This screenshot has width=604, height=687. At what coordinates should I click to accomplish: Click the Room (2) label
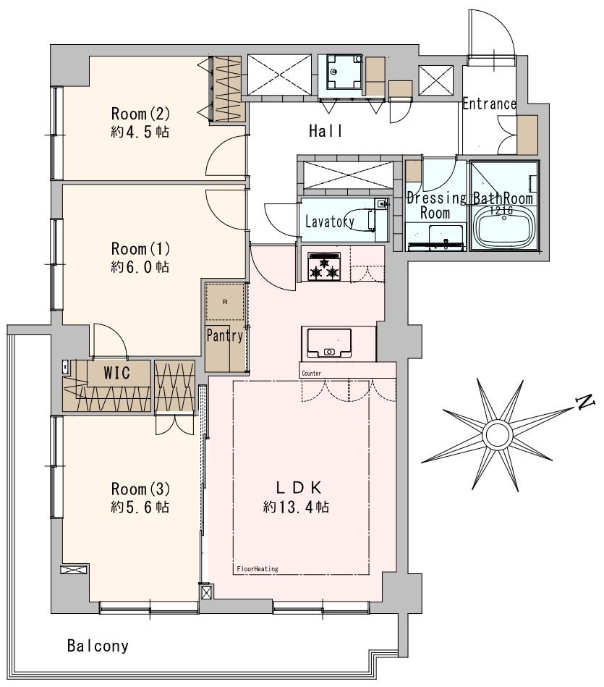[140, 114]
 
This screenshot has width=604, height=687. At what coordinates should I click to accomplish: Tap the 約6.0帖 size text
[140, 267]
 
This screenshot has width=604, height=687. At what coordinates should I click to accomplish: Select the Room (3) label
[140, 489]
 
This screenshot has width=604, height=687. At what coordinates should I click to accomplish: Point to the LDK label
[299, 487]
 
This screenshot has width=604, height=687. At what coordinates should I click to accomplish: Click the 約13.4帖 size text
[296, 507]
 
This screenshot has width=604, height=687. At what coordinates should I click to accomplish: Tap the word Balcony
[98, 646]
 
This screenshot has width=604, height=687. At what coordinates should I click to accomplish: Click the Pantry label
[224, 336]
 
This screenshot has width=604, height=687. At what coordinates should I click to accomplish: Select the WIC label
[117, 373]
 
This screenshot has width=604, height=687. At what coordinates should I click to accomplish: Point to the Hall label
[326, 130]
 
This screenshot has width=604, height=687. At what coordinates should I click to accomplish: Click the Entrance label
[489, 104]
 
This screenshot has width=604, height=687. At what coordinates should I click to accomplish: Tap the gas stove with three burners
[324, 266]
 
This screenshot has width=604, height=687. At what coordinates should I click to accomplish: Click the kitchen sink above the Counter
[329, 343]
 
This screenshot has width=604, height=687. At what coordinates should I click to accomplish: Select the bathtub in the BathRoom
[503, 228]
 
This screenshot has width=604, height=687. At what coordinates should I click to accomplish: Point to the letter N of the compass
[584, 401]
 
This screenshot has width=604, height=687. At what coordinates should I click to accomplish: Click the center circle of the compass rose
[497, 434]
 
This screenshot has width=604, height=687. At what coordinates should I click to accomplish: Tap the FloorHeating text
[258, 569]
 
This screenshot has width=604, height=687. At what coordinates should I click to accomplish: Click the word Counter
[311, 374]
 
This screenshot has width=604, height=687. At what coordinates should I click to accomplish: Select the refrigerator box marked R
[225, 302]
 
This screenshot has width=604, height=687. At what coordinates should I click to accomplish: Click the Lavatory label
[330, 222]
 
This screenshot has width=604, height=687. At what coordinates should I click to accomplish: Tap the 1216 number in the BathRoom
[501, 211]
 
